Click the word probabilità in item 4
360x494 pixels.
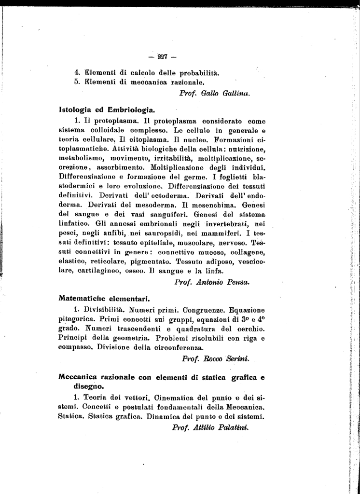pos(193,73)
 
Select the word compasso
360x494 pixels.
pos(75,347)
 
